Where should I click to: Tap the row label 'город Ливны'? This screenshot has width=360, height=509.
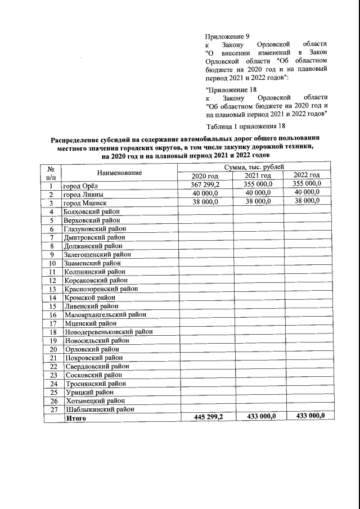point(83,194)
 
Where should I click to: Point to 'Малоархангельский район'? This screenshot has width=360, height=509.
point(105,314)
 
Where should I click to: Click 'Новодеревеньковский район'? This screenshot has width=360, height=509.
point(108,332)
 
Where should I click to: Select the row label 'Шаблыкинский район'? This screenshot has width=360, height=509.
point(99,409)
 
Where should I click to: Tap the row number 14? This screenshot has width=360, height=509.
point(52,298)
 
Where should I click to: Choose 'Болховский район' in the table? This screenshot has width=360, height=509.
point(92,211)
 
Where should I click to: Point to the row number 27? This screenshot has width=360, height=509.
point(52,409)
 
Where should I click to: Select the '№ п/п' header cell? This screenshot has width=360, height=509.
point(52,172)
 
